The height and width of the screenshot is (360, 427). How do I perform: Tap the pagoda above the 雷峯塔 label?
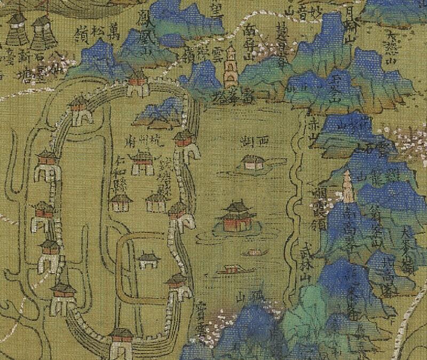tap(231, 67)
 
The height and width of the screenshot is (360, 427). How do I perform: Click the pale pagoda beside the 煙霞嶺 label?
tap(349, 187)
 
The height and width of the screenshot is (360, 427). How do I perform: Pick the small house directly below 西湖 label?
tap(250, 163)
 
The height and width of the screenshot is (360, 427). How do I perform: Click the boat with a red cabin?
tap(231, 269)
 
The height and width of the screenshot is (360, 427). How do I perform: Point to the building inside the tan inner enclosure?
tap(148, 260)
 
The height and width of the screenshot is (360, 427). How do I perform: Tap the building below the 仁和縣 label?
tap(121, 201)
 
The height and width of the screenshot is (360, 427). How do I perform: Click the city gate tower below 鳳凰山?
tap(137, 85)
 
